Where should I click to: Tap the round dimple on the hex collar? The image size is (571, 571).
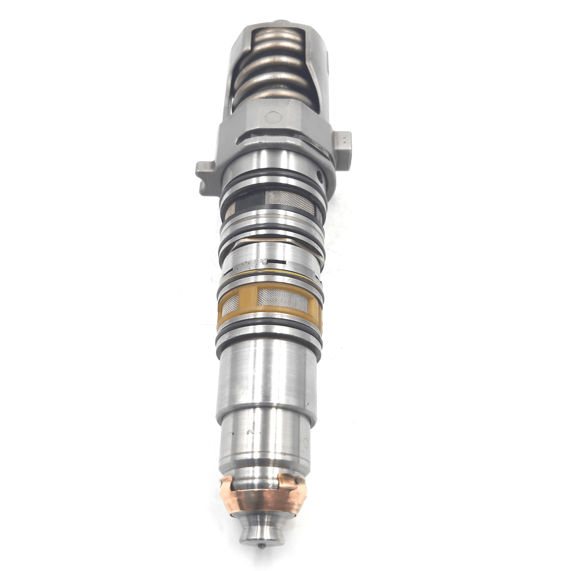(x=273, y=116)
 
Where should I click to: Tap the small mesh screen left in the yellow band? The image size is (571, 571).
(x=230, y=303)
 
